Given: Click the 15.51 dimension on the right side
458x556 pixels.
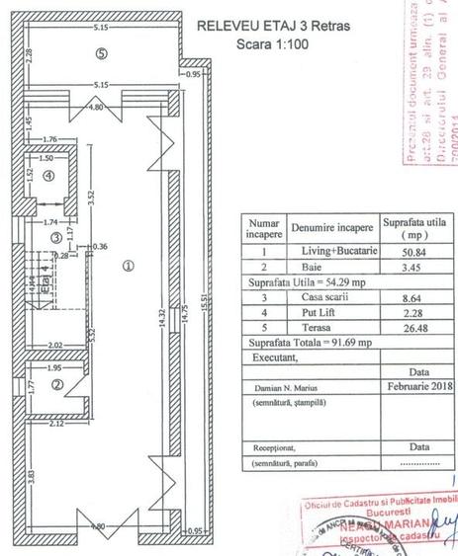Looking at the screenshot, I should [204, 296].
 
